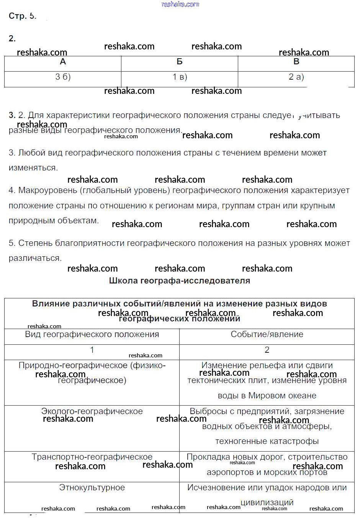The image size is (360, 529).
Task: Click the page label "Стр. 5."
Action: click(x=22, y=16)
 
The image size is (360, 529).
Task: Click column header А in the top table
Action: click(x=63, y=62)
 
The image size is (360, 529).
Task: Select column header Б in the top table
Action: click(x=179, y=62)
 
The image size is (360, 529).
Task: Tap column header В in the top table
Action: click(x=296, y=62)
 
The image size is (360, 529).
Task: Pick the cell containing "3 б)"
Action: click(x=63, y=77)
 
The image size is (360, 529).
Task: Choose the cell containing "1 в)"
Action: click(x=180, y=77)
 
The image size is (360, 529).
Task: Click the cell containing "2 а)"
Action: click(x=296, y=77)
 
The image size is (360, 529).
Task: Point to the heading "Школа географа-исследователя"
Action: click(x=180, y=281)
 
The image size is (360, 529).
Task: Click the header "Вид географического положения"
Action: click(x=92, y=334)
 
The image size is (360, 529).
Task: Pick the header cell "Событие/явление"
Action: click(x=267, y=334)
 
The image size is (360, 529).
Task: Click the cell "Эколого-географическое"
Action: click(x=92, y=411)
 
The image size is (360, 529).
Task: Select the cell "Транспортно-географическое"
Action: click(x=92, y=457)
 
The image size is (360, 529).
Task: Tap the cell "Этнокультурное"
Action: click(x=92, y=488)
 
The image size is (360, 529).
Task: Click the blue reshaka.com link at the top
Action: click(x=180, y=4)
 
